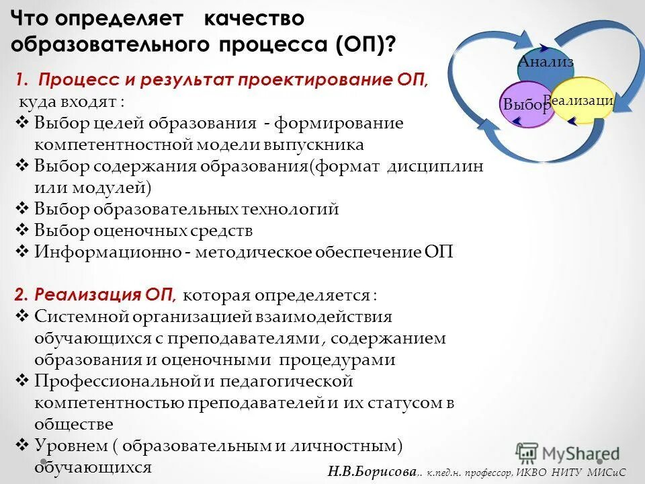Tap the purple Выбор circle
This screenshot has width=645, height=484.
pyautogui.click(x=525, y=105)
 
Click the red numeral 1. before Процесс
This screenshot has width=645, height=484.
pyautogui.click(x=22, y=80)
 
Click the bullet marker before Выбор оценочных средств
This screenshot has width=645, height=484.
pyautogui.click(x=21, y=231)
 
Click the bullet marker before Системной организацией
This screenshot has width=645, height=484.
pyautogui.click(x=21, y=317)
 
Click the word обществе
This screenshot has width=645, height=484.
pyautogui.click(x=74, y=424)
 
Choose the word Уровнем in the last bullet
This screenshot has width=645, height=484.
pyautogui.click(x=67, y=446)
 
